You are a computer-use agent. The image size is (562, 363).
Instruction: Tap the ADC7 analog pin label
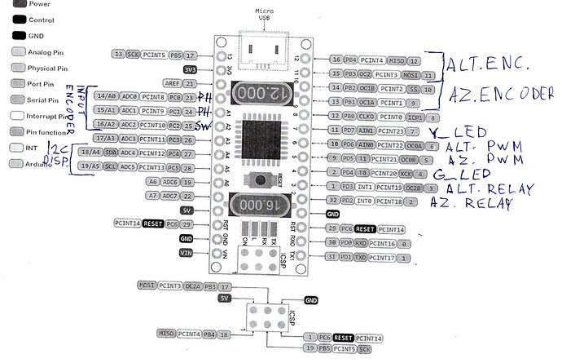(169, 196)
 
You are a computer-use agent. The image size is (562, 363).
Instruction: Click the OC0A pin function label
(411, 144)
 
